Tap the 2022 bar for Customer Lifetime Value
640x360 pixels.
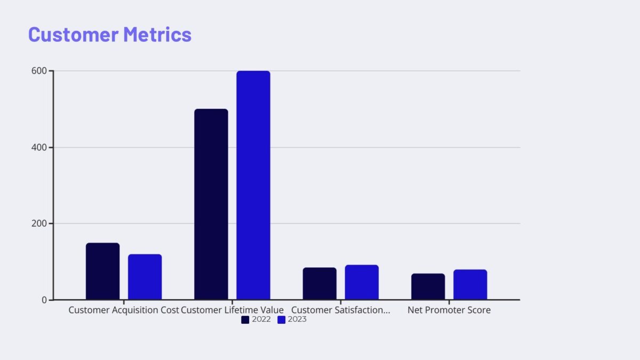click(211, 204)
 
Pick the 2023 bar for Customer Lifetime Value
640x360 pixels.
click(253, 185)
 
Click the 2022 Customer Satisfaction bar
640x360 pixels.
click(319, 283)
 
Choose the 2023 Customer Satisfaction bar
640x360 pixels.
click(362, 282)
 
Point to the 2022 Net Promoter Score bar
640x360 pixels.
click(428, 286)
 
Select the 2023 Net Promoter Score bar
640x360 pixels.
click(470, 284)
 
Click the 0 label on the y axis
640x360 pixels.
click(45, 300)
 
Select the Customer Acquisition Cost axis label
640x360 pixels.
click(124, 310)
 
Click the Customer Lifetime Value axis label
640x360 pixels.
click(233, 310)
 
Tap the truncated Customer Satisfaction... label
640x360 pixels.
click(341, 310)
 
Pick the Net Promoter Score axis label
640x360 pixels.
click(449, 310)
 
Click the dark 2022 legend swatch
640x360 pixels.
click(245, 319)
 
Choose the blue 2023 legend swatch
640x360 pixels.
click(282, 319)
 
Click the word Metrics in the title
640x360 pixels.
click(157, 34)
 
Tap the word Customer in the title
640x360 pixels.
click(73, 34)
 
